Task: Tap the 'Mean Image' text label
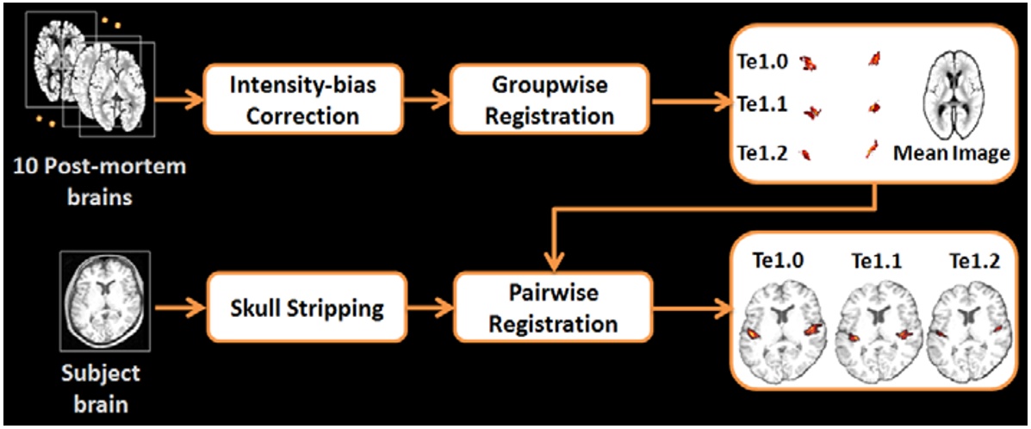(x=951, y=154)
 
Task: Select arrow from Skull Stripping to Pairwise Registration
(x=427, y=308)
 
